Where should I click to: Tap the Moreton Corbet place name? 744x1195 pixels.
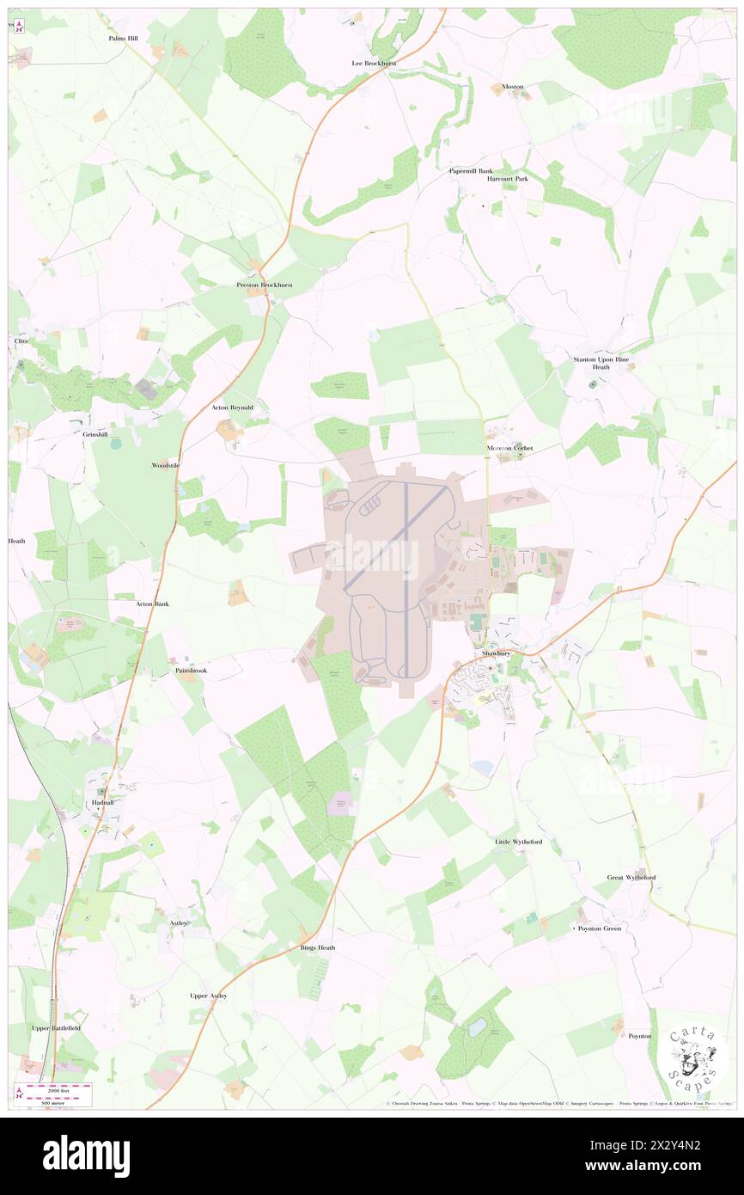click(510, 448)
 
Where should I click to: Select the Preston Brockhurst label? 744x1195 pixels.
click(265, 285)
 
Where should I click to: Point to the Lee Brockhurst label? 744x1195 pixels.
click(381, 64)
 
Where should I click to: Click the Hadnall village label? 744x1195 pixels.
click(101, 801)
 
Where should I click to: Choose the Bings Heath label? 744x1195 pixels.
click(318, 947)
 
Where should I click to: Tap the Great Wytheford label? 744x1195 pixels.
click(631, 878)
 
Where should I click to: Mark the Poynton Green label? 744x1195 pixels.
click(599, 928)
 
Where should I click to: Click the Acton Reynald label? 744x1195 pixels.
click(232, 407)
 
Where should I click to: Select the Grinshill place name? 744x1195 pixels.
click(95, 435)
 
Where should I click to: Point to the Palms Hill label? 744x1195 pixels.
click(123, 39)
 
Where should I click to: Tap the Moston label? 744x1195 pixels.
click(513, 87)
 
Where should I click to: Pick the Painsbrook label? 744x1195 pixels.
click(191, 670)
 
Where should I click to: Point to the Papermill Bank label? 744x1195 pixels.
click(472, 171)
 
